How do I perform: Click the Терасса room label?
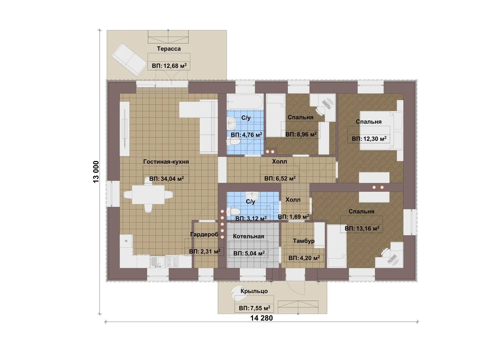pos(169,49)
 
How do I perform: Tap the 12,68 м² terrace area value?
pos(169,66)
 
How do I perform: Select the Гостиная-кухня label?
pos(166,162)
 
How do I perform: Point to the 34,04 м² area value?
pos(167,179)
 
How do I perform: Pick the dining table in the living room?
pos(148,195)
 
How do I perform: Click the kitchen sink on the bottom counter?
pos(157,262)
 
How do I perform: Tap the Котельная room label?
pos(248,236)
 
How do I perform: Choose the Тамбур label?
pos(304,241)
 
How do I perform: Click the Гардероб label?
pos(204,234)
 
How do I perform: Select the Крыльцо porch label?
pos(254,291)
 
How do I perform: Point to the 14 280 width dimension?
pos(262,318)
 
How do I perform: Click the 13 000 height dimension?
pos(96,172)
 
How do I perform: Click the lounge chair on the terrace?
pos(129,60)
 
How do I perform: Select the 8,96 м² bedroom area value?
pos(301,134)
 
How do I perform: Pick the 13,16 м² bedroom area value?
pos(362,228)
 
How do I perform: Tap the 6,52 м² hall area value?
pos(280,178)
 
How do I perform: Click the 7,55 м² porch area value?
pos(254,308)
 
